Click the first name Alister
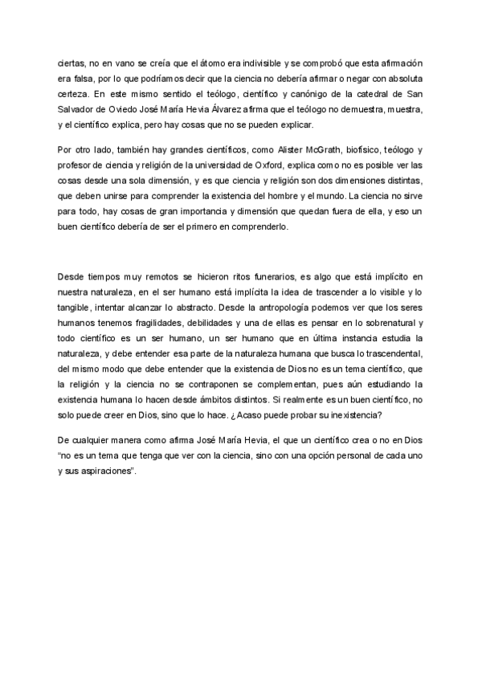point(284,150)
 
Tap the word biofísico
point(380,150)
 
